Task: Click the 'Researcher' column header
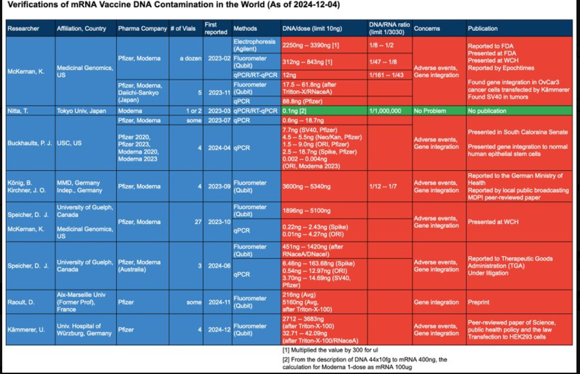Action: (23, 28)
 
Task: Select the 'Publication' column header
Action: (483, 28)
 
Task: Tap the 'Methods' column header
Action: (245, 28)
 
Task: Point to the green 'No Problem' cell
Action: (429, 111)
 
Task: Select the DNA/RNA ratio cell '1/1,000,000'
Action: (384, 111)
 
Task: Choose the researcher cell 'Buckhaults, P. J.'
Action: (30, 143)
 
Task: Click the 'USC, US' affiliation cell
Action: (70, 143)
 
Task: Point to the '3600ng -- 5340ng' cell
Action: (306, 187)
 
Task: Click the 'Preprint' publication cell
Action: (478, 302)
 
